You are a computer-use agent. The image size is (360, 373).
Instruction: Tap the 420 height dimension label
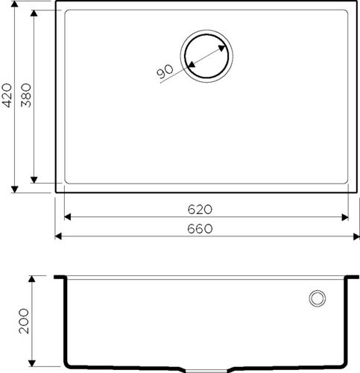(7, 97)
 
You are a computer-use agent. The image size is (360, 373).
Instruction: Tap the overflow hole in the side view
(317, 298)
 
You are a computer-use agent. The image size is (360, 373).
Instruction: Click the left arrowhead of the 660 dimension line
(59, 238)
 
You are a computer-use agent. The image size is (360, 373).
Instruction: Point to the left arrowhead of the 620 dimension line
(67, 218)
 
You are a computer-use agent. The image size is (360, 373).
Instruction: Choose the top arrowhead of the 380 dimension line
(34, 14)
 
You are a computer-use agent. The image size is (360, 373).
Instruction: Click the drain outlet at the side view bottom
(205, 368)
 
